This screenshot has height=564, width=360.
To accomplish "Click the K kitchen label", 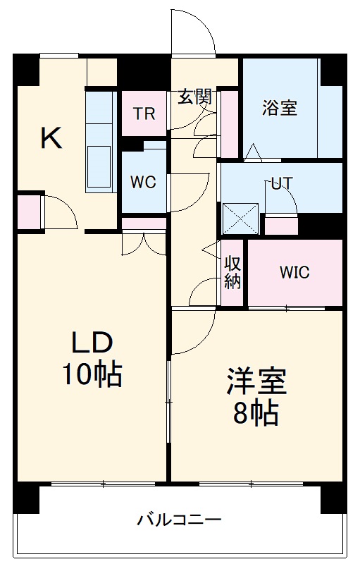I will pyautogui.click(x=51, y=138).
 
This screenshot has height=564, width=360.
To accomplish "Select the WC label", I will pyautogui.click(x=142, y=182).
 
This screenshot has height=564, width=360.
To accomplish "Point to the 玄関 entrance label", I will pyautogui.click(x=194, y=97).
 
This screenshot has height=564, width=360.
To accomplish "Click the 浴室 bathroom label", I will pyautogui.click(x=280, y=108).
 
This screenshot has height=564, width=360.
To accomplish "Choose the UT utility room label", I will pyautogui.click(x=282, y=183).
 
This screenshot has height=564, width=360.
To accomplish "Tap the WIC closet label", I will pyautogui.click(x=294, y=273).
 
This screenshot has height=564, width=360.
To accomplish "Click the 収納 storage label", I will pyautogui.click(x=233, y=273).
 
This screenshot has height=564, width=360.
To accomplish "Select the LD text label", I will pyautogui.click(x=92, y=343).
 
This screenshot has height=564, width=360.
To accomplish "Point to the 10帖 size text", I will pyautogui.click(x=92, y=374).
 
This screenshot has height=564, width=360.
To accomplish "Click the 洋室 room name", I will pyautogui.click(x=256, y=381).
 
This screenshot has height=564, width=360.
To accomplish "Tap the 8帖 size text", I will pyautogui.click(x=256, y=413).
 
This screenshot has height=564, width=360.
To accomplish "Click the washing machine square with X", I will pyautogui.click(x=240, y=219).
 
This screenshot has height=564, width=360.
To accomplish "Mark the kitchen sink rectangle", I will pyautogui.click(x=99, y=167).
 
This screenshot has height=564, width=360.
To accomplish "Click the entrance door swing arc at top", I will pyautogui.click(x=192, y=32).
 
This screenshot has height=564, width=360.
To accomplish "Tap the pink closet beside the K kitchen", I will pyautogui.click(x=28, y=211).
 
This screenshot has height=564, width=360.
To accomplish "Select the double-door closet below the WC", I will pyautogui.click(x=143, y=240).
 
